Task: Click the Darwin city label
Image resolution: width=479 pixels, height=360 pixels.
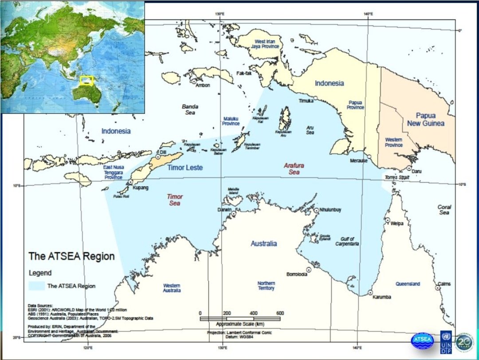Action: (x=225, y=209)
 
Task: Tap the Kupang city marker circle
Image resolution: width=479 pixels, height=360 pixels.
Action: (x=131, y=182)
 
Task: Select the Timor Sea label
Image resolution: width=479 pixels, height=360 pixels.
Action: (x=175, y=200)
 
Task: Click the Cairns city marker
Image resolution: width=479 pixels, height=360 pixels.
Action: (x=438, y=288)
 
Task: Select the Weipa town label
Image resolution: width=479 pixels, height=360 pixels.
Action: (x=397, y=223)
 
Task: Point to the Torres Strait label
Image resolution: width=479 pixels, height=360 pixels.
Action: (x=397, y=177)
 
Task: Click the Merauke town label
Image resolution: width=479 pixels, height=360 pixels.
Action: (x=358, y=160)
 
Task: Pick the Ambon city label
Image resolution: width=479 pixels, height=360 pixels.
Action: (x=203, y=85)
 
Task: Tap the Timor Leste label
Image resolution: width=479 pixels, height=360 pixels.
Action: (x=185, y=168)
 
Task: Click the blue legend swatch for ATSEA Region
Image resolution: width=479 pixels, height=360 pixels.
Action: (x=36, y=286)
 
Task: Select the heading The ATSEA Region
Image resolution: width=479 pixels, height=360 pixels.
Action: (x=71, y=256)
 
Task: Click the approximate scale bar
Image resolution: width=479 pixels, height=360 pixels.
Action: (x=239, y=318)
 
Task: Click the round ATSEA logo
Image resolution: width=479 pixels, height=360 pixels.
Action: (x=422, y=340)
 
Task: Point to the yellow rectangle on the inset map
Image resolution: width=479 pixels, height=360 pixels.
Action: (x=87, y=80)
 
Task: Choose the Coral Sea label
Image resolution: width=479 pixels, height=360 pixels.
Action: (x=444, y=210)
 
